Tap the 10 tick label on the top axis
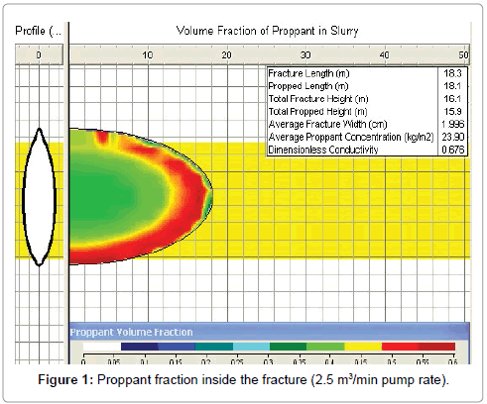click(148, 54)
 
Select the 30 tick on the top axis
click(305, 54)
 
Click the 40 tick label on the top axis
click(384, 54)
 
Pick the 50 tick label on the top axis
click(462, 54)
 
